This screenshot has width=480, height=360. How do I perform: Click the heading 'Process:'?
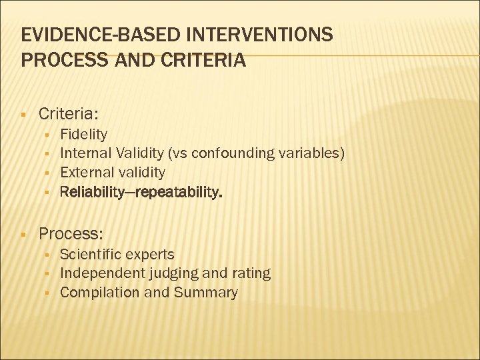[x=71, y=233]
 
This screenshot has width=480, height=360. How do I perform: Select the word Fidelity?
[x=83, y=134]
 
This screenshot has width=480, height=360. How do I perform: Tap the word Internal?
[x=86, y=153]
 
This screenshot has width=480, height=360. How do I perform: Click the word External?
[x=87, y=172]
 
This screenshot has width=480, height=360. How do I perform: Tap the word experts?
[x=151, y=254]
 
